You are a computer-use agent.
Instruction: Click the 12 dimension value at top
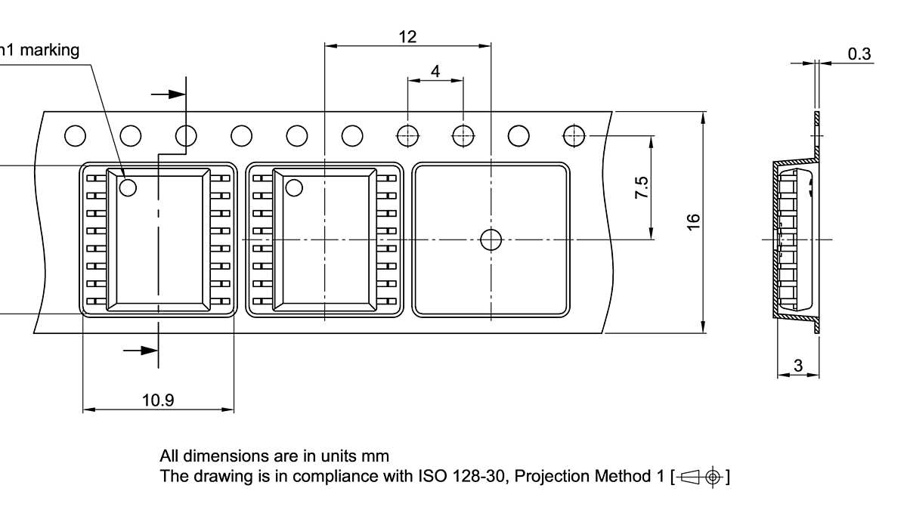pyautogui.click(x=407, y=36)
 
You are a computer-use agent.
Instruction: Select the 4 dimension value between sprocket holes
pyautogui.click(x=435, y=70)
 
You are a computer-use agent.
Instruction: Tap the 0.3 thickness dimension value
pyautogui.click(x=859, y=54)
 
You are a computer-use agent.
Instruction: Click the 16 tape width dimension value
pyautogui.click(x=693, y=221)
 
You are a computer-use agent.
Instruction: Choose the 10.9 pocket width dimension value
pyautogui.click(x=158, y=400)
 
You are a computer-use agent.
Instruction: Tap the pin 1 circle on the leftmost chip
pyautogui.click(x=127, y=186)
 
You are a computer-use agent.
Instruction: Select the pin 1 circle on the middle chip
pyautogui.click(x=293, y=186)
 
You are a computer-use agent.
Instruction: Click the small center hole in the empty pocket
pyautogui.click(x=491, y=240)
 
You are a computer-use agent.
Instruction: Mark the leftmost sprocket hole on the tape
pyautogui.click(x=75, y=136)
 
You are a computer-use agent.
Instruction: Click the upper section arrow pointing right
pyautogui.click(x=169, y=94)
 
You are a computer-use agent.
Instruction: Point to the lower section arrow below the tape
pyautogui.click(x=141, y=350)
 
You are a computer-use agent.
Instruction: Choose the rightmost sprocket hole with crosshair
pyautogui.click(x=574, y=136)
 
